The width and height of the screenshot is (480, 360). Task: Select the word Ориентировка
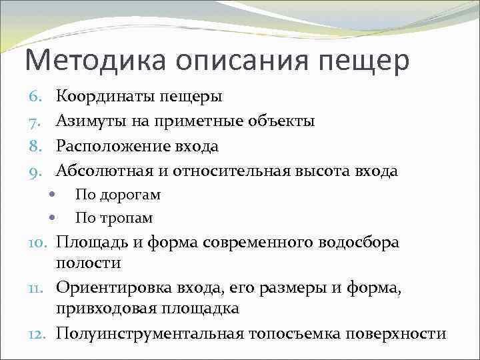pyautogui.click(x=114, y=288)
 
